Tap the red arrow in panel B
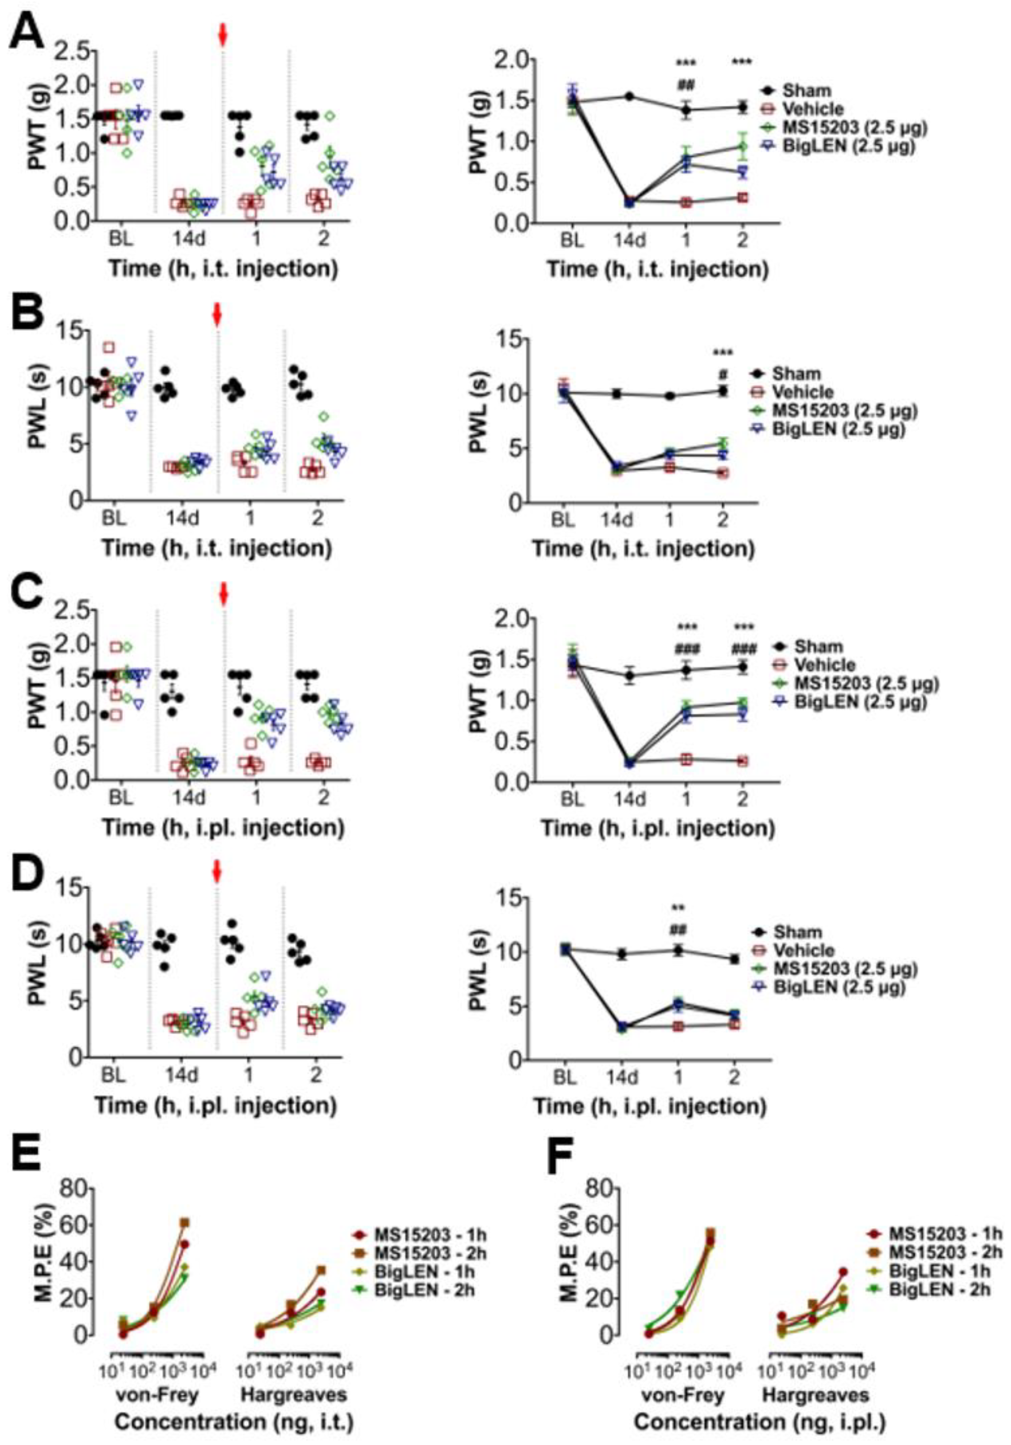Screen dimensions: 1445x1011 click(x=217, y=315)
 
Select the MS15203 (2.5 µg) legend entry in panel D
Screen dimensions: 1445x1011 click(x=853, y=969)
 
